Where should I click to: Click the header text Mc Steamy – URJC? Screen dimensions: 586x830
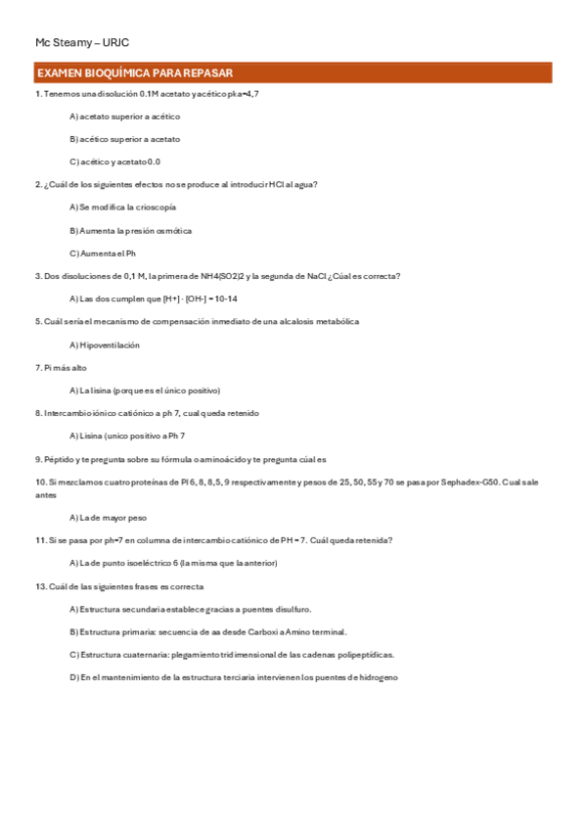click(82, 43)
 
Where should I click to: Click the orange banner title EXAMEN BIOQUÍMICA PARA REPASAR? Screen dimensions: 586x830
click(134, 73)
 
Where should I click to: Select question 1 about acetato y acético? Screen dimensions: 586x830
click(147, 94)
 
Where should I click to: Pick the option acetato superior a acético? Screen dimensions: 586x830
click(124, 116)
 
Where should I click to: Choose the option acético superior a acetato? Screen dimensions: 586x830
click(124, 139)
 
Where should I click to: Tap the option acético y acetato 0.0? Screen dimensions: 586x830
click(114, 161)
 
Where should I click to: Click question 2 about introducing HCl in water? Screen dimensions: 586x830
click(176, 184)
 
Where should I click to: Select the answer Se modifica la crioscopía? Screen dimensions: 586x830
click(122, 207)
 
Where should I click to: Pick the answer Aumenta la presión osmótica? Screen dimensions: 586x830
click(130, 231)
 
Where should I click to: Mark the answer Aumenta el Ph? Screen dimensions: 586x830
click(103, 254)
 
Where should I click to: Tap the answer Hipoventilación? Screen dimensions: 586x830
click(105, 345)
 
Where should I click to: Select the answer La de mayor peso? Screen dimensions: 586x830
click(108, 517)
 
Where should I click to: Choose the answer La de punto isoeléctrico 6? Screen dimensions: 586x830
click(173, 563)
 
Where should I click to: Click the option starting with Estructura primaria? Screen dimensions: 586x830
click(207, 631)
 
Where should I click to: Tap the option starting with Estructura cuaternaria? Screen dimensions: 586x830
click(232, 655)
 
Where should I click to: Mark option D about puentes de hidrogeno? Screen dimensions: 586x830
click(234, 677)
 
